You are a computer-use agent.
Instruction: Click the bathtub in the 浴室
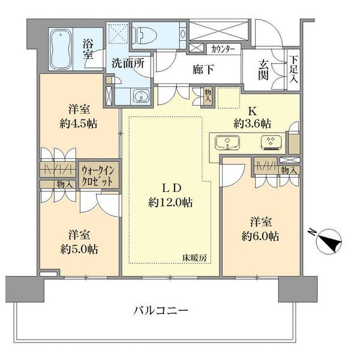(x=61, y=49)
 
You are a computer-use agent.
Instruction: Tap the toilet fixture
(x=145, y=35)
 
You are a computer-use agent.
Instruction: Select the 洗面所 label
(x=128, y=63)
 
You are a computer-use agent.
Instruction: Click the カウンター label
(x=223, y=49)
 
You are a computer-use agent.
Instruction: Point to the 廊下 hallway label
(x=203, y=69)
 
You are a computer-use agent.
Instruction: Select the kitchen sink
(x=227, y=143)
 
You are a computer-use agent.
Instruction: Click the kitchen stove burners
(x=271, y=143)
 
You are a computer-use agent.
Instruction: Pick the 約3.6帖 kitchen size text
(x=253, y=124)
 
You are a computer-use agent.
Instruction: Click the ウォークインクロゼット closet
(x=99, y=176)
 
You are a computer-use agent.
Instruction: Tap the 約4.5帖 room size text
(x=78, y=124)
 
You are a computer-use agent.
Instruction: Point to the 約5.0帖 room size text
(x=79, y=250)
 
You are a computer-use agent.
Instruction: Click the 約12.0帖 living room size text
(x=170, y=203)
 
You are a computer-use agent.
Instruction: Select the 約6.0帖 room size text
(x=260, y=236)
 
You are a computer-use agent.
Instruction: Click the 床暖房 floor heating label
(x=194, y=258)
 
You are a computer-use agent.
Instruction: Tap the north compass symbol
(x=329, y=242)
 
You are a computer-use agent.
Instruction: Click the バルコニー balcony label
(x=161, y=311)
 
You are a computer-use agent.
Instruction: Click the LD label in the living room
(x=172, y=189)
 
